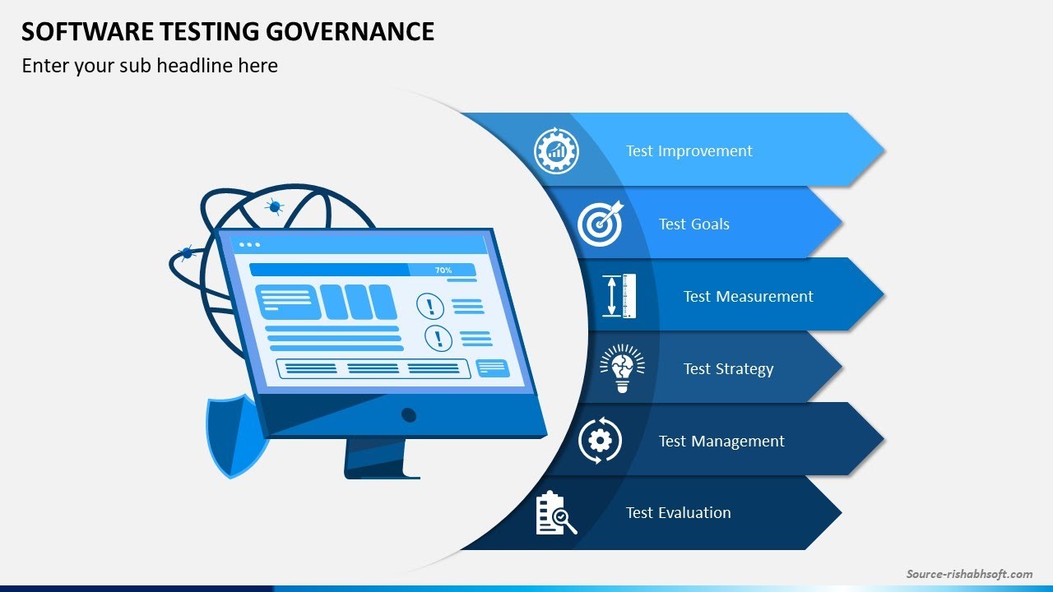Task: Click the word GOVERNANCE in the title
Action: coord(356,31)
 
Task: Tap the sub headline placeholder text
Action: coord(150,66)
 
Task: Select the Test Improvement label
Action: coord(689,151)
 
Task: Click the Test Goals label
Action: coord(693,224)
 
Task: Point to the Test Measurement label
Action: coord(748,297)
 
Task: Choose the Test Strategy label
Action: coord(728,369)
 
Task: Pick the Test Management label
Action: coord(721,442)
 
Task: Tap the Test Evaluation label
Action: coord(678,513)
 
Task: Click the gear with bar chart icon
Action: coord(556,151)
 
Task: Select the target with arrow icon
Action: coord(600,224)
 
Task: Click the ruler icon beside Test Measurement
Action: coord(619,296)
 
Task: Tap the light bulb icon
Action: coord(622,368)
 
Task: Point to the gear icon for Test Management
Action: coord(600,442)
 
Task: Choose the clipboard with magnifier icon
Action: coord(555,513)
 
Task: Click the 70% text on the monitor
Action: coord(443,270)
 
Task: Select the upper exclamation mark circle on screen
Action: coord(430,306)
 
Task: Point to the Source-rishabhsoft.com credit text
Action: coord(969,574)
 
